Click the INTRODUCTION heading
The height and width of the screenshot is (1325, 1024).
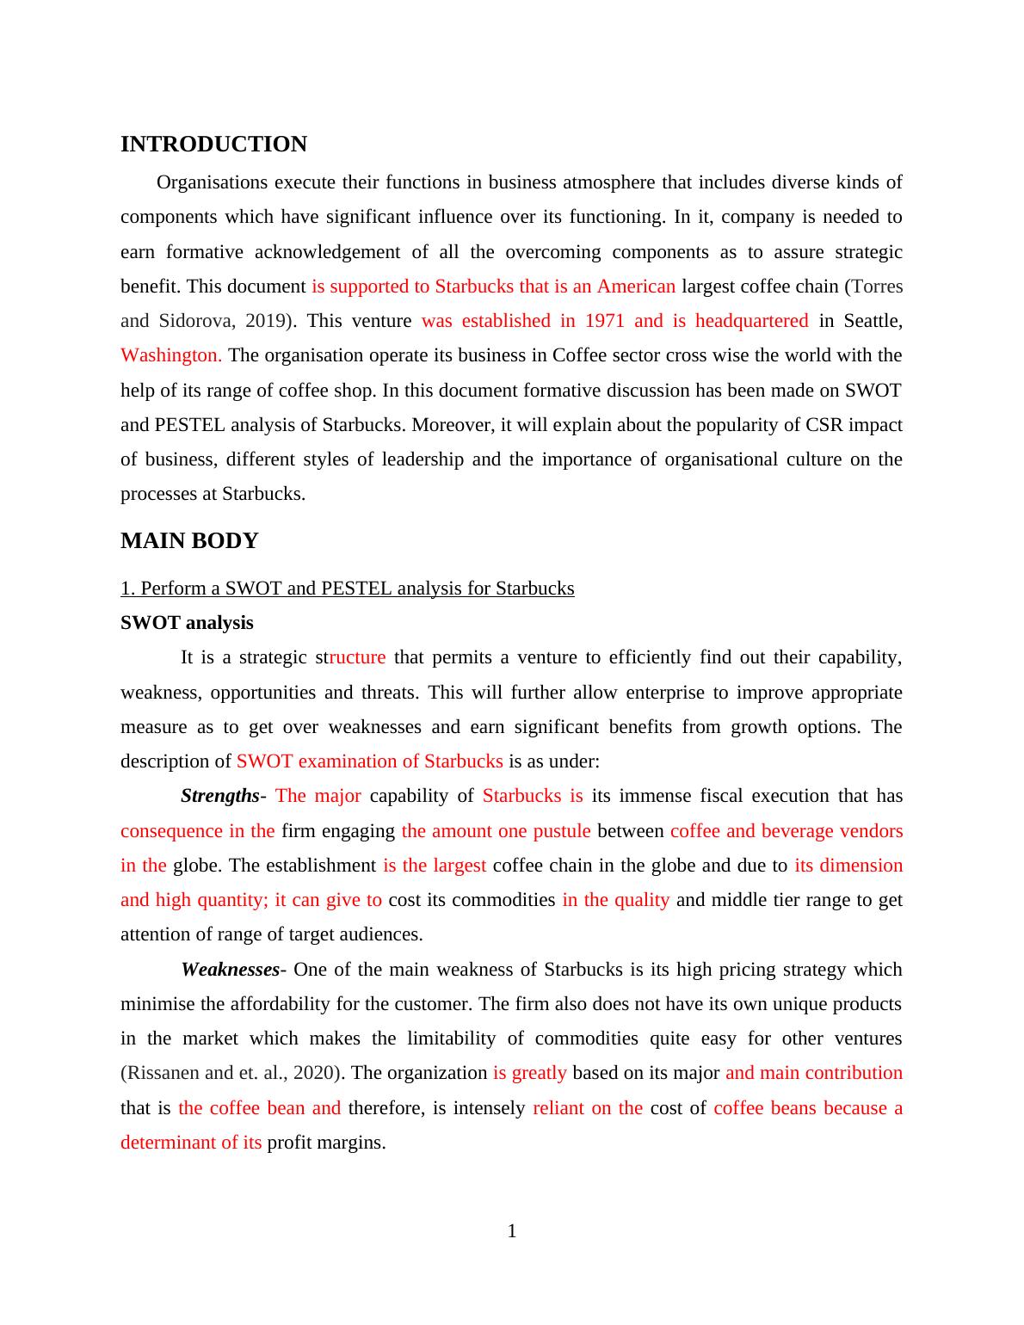[x=213, y=145]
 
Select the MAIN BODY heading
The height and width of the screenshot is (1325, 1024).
[x=189, y=541]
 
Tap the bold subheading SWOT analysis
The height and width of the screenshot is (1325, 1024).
[x=187, y=623]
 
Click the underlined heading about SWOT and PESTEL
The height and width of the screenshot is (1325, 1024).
[x=347, y=589]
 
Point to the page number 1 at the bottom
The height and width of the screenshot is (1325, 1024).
[x=512, y=1232]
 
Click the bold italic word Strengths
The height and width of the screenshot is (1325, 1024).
[x=219, y=796]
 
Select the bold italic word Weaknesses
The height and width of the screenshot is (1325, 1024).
[x=230, y=970]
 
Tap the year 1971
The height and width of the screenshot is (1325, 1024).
[x=604, y=321]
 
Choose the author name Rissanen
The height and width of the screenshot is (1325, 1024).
[x=163, y=1073]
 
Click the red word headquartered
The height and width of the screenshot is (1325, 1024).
[x=751, y=321]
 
